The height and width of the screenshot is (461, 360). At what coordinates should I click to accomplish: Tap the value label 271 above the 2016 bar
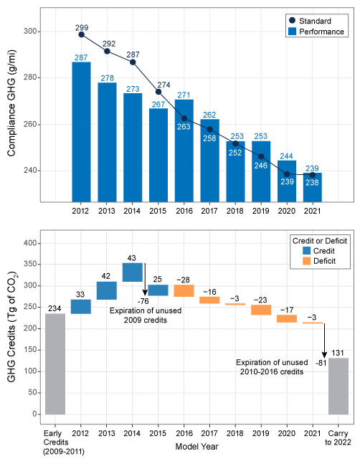[184, 95]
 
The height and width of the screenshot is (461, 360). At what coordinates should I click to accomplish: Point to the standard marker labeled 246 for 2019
[262, 156]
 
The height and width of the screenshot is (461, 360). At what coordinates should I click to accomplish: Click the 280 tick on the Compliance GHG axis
[32, 78]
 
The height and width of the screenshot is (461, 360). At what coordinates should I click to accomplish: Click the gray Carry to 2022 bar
[338, 386]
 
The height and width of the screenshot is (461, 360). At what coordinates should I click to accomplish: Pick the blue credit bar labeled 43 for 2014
[132, 272]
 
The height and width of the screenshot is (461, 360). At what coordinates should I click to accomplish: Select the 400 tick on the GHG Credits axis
[32, 244]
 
